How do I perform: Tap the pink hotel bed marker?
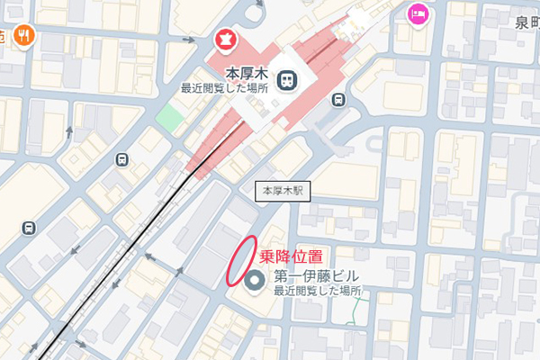417,13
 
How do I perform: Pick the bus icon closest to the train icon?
337,100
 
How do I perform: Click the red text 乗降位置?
291,256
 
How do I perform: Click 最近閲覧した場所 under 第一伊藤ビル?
317,292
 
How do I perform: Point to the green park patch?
168,117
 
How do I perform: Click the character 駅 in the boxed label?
299,191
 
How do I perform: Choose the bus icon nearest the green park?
122,159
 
